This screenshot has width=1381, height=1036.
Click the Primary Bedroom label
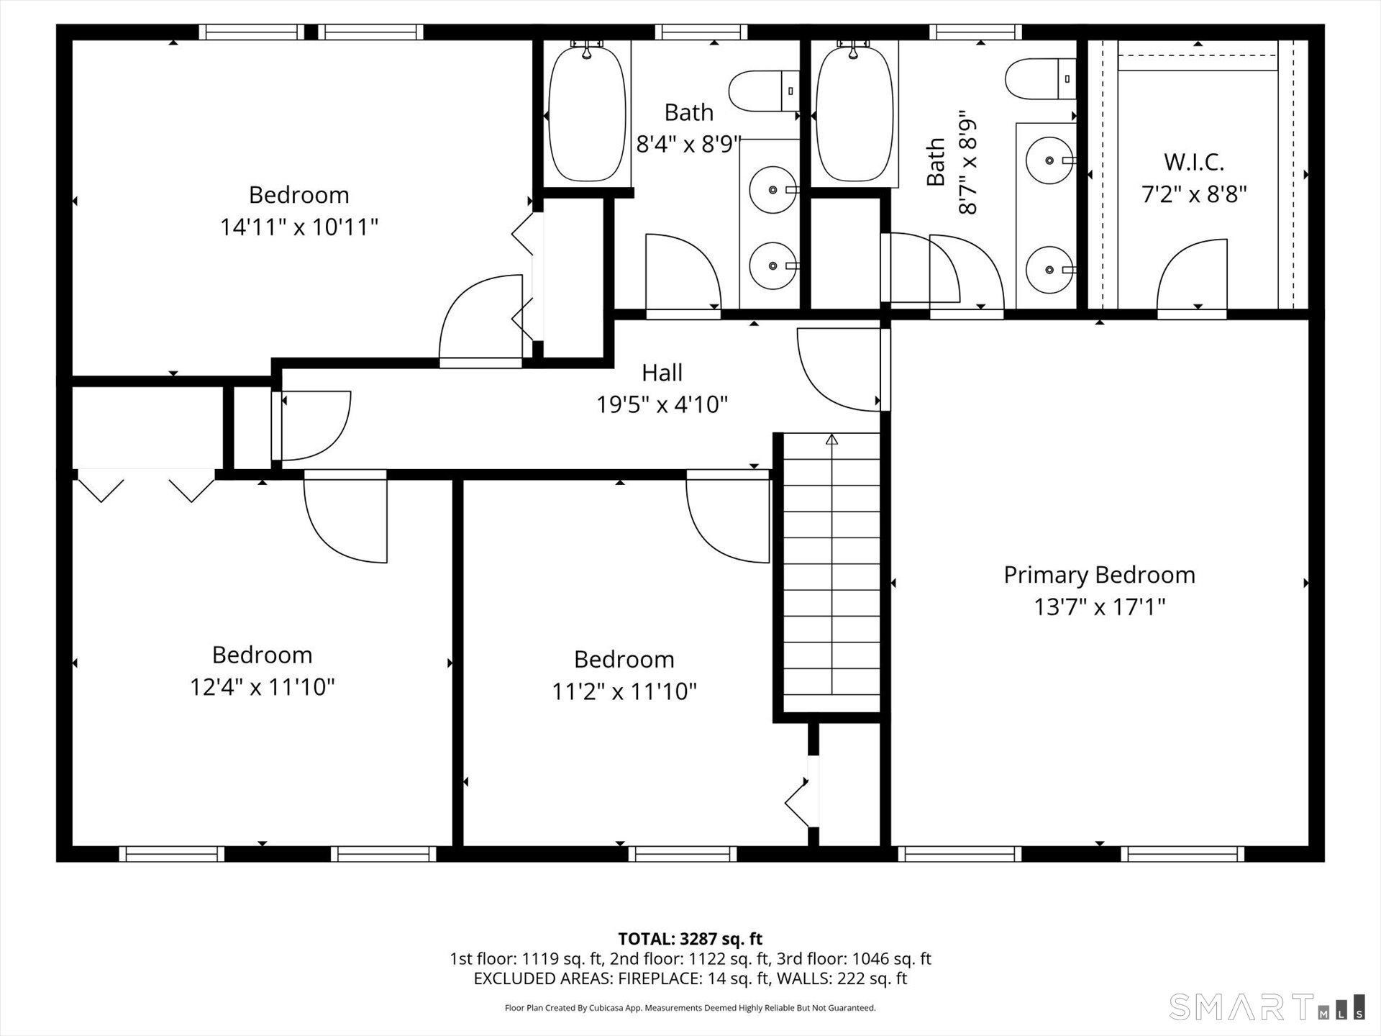tap(1099, 575)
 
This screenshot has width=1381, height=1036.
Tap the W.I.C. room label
tap(1194, 162)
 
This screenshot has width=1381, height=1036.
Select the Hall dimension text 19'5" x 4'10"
tap(662, 405)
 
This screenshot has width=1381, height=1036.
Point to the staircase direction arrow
tap(832, 440)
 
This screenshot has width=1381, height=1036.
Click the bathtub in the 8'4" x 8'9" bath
tap(587, 113)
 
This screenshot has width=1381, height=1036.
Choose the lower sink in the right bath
tap(1049, 270)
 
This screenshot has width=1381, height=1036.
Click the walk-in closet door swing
tap(1190, 277)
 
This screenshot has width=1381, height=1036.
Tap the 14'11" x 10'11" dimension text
tap(298, 227)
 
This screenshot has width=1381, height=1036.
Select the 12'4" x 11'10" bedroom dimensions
tap(262, 687)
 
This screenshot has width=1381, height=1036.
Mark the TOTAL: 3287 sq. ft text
tap(690, 938)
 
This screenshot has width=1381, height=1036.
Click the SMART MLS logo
tap(1266, 1007)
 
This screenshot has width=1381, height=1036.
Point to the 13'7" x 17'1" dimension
tap(1099, 607)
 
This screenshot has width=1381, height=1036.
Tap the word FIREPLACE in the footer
tap(656, 978)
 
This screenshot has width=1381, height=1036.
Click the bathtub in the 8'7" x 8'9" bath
tap(854, 113)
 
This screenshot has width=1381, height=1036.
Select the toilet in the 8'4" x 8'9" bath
tap(762, 91)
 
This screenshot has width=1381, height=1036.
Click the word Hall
tap(662, 373)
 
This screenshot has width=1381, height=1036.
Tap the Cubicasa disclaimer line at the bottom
tap(690, 1008)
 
